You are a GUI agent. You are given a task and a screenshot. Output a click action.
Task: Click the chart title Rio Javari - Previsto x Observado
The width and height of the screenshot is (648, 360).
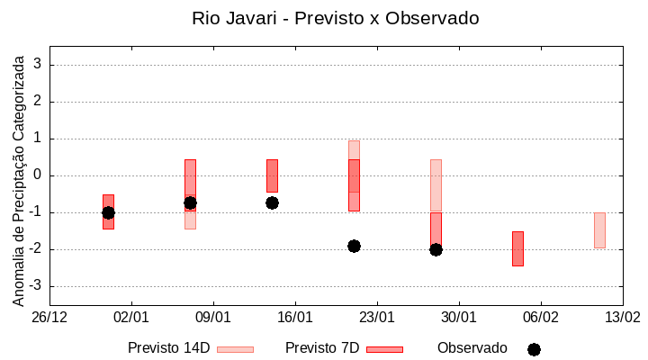(335, 18)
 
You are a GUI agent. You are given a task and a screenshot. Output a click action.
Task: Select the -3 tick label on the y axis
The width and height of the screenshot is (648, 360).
(36, 286)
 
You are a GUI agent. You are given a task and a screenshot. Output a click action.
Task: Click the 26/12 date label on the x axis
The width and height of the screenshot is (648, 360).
(49, 317)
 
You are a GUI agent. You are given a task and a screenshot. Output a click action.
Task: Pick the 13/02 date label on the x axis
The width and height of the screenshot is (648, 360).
(622, 317)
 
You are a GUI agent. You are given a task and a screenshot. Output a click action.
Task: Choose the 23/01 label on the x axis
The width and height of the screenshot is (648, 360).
(377, 317)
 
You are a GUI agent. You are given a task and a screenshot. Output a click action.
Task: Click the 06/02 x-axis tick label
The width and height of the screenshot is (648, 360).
(541, 317)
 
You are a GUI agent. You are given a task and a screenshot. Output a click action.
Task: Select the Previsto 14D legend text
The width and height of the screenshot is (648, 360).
(168, 348)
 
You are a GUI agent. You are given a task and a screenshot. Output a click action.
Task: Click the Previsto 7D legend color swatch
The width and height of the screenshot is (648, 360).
(384, 349)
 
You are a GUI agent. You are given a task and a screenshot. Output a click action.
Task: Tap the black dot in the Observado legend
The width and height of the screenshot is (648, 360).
(534, 349)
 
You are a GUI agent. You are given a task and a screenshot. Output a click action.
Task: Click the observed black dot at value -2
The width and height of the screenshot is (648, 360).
(436, 249)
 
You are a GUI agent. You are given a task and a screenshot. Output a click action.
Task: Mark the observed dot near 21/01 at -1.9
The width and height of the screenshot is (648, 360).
(354, 246)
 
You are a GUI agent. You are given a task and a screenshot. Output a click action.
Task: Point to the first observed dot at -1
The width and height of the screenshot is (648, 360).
(108, 212)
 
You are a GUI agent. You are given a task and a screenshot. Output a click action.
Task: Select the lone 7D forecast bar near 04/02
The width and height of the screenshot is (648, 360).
(517, 248)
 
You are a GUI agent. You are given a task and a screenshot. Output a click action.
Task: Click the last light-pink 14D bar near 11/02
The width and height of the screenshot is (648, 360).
(599, 230)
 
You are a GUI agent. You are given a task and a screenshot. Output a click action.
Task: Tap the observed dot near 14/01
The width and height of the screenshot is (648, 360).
(272, 202)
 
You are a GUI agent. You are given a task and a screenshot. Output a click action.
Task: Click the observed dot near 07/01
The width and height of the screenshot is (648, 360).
(190, 202)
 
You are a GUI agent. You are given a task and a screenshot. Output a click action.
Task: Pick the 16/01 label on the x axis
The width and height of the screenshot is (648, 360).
(295, 317)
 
